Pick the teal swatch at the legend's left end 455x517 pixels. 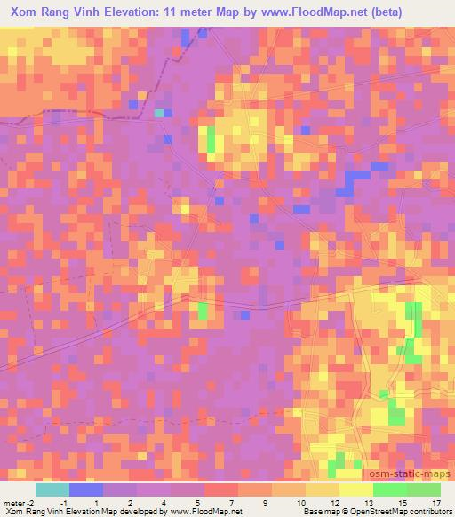point(52,489)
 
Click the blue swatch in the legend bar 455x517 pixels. point(86,489)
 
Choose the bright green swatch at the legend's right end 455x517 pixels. point(424,489)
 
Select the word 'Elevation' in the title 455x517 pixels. point(132,12)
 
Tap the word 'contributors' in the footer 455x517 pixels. point(429,512)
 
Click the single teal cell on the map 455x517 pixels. point(159,113)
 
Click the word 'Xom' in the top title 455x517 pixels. point(24,12)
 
